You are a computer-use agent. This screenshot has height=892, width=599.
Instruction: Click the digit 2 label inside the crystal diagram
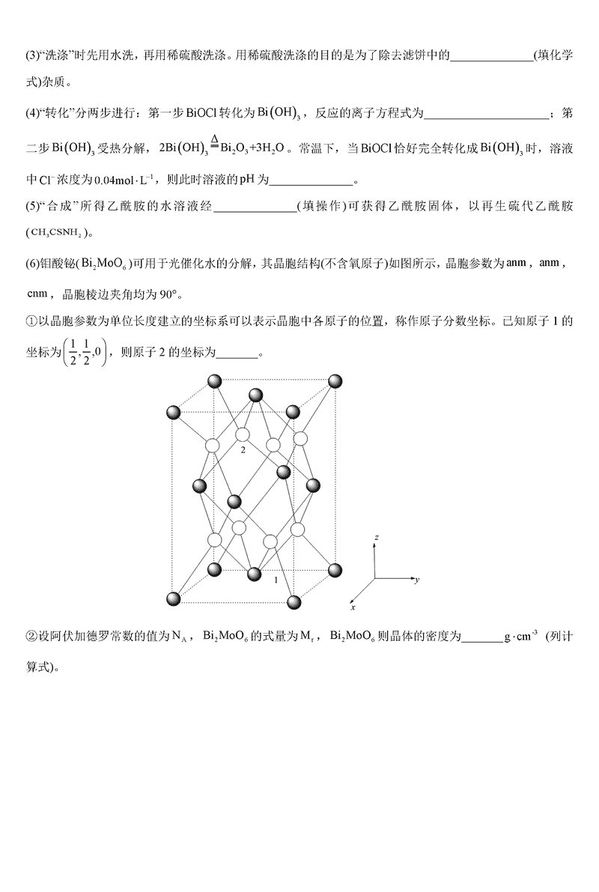243,452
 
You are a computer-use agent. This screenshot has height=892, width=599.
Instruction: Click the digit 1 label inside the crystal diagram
276,580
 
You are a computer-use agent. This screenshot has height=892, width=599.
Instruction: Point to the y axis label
416,580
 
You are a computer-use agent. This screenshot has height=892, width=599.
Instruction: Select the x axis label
353,606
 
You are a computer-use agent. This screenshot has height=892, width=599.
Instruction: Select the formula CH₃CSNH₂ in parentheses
57,233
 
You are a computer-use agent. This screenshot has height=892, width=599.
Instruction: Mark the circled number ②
31,637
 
